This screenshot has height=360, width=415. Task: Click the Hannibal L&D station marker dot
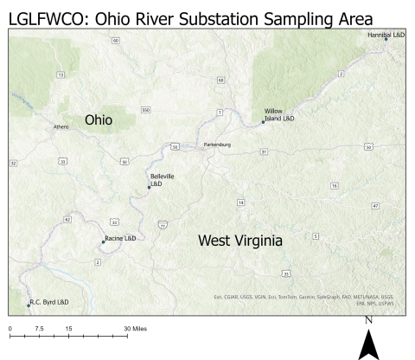point(386,39)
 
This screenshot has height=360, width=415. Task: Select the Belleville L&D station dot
point(149,187)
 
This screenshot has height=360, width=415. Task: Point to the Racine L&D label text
point(121,238)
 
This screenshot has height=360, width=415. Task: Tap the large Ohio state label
point(98,121)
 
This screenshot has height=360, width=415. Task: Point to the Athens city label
point(61,127)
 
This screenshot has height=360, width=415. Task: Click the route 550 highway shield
point(146,110)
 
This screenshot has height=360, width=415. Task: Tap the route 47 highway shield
point(375,206)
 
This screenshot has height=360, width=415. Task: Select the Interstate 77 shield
point(163,224)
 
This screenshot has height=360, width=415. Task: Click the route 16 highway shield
point(334,186)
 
